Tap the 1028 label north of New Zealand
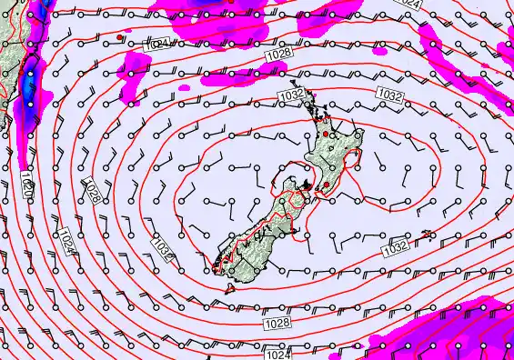pos(279,56)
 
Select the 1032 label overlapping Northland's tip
pos(289,95)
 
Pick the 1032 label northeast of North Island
pos(388,95)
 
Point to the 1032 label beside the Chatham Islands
pos(394,247)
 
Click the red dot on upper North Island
pos(332,135)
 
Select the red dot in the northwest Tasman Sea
pos(119,36)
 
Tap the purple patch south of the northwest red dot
pos(136,65)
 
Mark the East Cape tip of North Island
pos(365,137)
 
